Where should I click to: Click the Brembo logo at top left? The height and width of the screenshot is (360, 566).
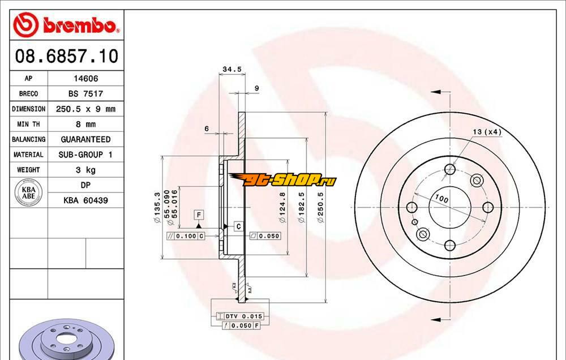[x=66, y=24]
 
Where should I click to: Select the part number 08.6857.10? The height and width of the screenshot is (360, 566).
[x=66, y=56]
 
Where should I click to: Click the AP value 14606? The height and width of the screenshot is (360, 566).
[x=85, y=78]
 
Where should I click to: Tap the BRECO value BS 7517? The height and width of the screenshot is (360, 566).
[x=85, y=93]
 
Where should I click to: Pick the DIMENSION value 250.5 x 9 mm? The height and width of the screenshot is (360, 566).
[x=85, y=109]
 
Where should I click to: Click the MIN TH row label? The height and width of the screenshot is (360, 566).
[x=28, y=124]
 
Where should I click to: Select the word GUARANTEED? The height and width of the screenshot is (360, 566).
[x=85, y=139]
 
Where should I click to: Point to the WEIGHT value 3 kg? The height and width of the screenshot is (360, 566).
[x=85, y=170]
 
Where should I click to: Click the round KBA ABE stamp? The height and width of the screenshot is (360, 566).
[x=28, y=192]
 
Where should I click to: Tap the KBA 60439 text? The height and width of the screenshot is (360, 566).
[x=85, y=200]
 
